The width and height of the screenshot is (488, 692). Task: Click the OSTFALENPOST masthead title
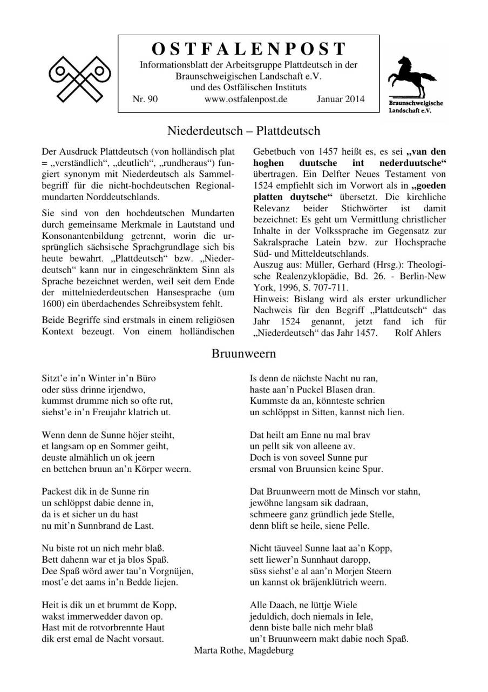248,49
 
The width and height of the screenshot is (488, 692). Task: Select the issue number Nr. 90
145,99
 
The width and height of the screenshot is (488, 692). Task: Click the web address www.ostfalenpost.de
246,99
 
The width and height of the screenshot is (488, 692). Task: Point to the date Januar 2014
340,99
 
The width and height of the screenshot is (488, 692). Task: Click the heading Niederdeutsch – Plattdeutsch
243,131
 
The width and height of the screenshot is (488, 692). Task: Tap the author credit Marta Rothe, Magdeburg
243,650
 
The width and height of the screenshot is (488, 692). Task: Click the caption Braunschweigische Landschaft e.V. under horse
416,107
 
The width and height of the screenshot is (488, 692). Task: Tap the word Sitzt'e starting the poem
54,378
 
